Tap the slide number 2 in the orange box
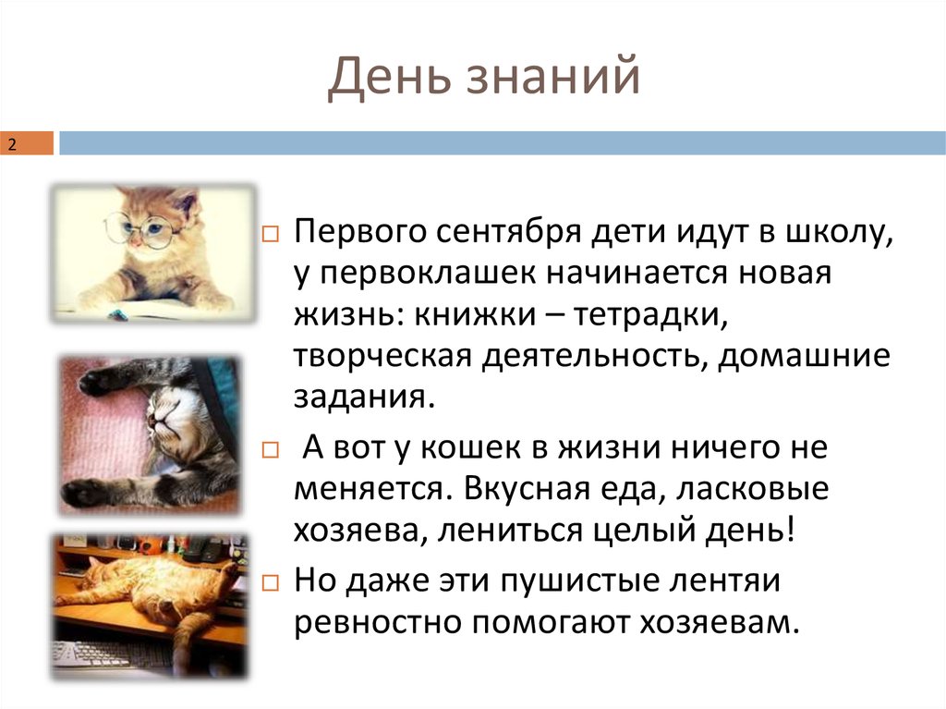(13, 145)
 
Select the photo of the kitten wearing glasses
(153, 252)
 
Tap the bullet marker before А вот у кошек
(270, 450)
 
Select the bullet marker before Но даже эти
(270, 582)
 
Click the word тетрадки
(652, 316)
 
